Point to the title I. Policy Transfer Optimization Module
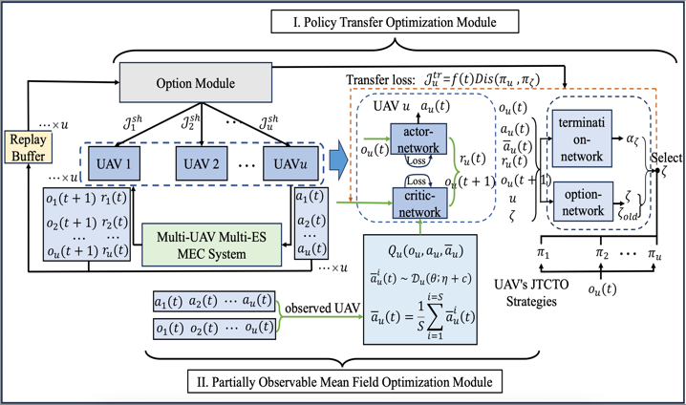pyautogui.click(x=341, y=18)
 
